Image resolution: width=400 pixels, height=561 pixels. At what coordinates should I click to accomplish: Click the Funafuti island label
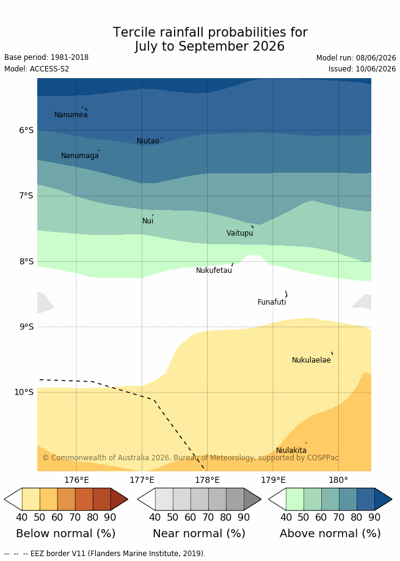[x=272, y=302]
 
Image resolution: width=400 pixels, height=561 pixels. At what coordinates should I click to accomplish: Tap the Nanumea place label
[x=71, y=115]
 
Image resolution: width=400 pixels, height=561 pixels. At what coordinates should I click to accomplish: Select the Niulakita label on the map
[x=291, y=450]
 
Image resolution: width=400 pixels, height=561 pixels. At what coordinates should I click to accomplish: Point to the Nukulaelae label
[x=311, y=360]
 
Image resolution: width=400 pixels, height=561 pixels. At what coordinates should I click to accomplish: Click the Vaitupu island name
[x=240, y=233]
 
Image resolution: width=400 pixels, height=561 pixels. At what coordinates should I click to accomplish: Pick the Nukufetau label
[x=214, y=270]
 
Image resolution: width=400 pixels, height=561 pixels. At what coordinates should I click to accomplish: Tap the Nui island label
[x=148, y=221]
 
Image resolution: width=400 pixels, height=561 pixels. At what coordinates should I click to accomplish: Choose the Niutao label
[x=148, y=141]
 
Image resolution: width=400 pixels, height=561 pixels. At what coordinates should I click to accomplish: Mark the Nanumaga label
[x=80, y=156]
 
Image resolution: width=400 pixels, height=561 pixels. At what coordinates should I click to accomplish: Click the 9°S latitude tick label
[x=26, y=327]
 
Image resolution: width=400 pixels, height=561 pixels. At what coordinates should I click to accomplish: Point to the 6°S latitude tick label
[x=26, y=130]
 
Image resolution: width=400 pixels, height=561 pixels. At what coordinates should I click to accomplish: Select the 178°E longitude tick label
[x=208, y=480]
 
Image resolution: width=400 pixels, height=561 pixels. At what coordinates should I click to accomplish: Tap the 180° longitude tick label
[x=338, y=480]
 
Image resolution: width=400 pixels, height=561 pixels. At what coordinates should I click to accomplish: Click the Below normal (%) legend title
[x=66, y=534]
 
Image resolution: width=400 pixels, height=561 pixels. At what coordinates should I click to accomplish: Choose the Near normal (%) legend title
[x=199, y=534]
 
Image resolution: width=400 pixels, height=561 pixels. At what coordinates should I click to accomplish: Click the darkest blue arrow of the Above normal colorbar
[x=383, y=499]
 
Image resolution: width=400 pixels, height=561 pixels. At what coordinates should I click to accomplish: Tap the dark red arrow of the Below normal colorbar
[x=119, y=499]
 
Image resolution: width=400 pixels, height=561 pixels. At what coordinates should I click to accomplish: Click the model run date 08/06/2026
[x=376, y=58]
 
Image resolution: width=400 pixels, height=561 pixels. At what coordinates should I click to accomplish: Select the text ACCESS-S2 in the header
[x=49, y=69]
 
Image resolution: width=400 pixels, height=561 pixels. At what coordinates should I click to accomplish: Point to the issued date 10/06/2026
[x=376, y=69]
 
